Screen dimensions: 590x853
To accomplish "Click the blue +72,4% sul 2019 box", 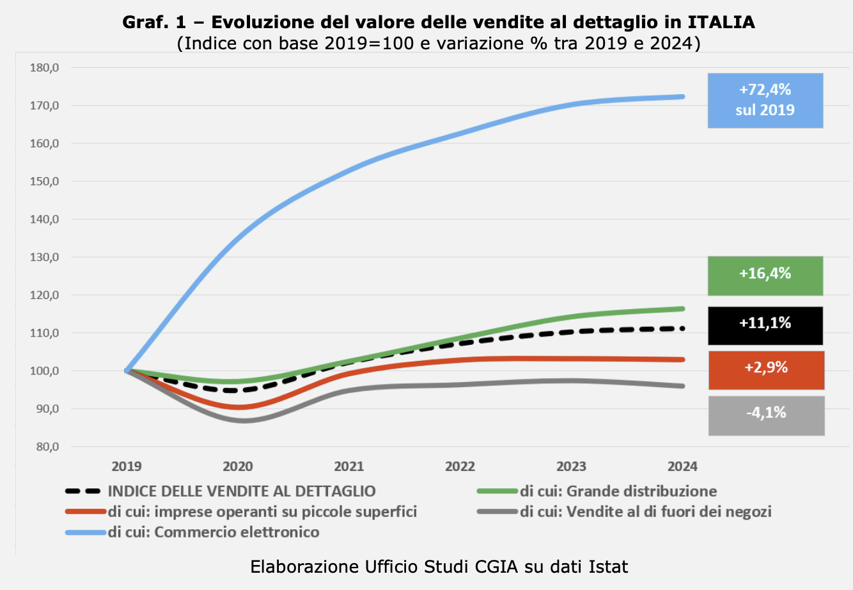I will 765,100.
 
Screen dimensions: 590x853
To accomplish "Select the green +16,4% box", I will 765,275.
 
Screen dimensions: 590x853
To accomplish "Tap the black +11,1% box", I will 765,325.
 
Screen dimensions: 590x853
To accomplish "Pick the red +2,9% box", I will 766,370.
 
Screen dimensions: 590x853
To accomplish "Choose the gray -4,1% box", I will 766,415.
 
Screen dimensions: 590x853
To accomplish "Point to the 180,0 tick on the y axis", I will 44,68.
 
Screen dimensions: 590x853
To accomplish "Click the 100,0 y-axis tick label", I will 44,371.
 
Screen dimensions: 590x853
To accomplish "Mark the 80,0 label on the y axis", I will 47,447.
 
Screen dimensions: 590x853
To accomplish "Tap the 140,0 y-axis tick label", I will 44,219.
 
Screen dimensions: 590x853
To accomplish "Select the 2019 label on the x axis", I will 127,466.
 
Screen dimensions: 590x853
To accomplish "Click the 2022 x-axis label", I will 460,466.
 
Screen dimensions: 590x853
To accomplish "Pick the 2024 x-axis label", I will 682,466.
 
